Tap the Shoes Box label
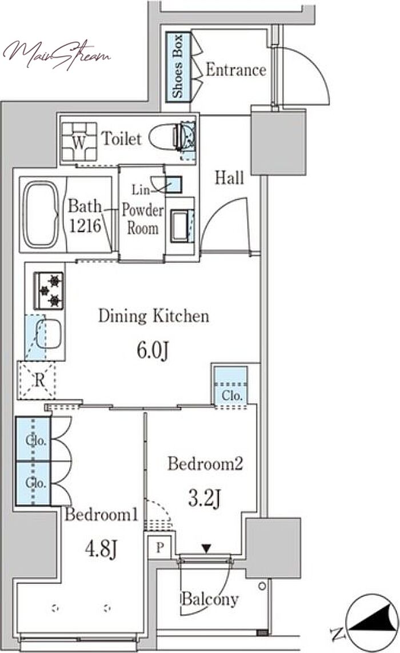(x=178, y=67)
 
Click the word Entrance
(x=236, y=70)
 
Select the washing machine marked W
(x=79, y=141)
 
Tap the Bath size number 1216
(x=85, y=226)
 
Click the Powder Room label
(x=142, y=219)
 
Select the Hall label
(x=229, y=178)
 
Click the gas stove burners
(x=49, y=290)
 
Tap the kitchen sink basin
(x=49, y=334)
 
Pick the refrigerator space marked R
(x=37, y=380)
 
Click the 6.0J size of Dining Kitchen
(x=153, y=351)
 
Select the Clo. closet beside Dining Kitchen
(x=231, y=385)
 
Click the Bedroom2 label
(x=205, y=463)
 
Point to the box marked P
(x=159, y=547)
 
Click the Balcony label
(x=210, y=599)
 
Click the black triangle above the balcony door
(x=206, y=548)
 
